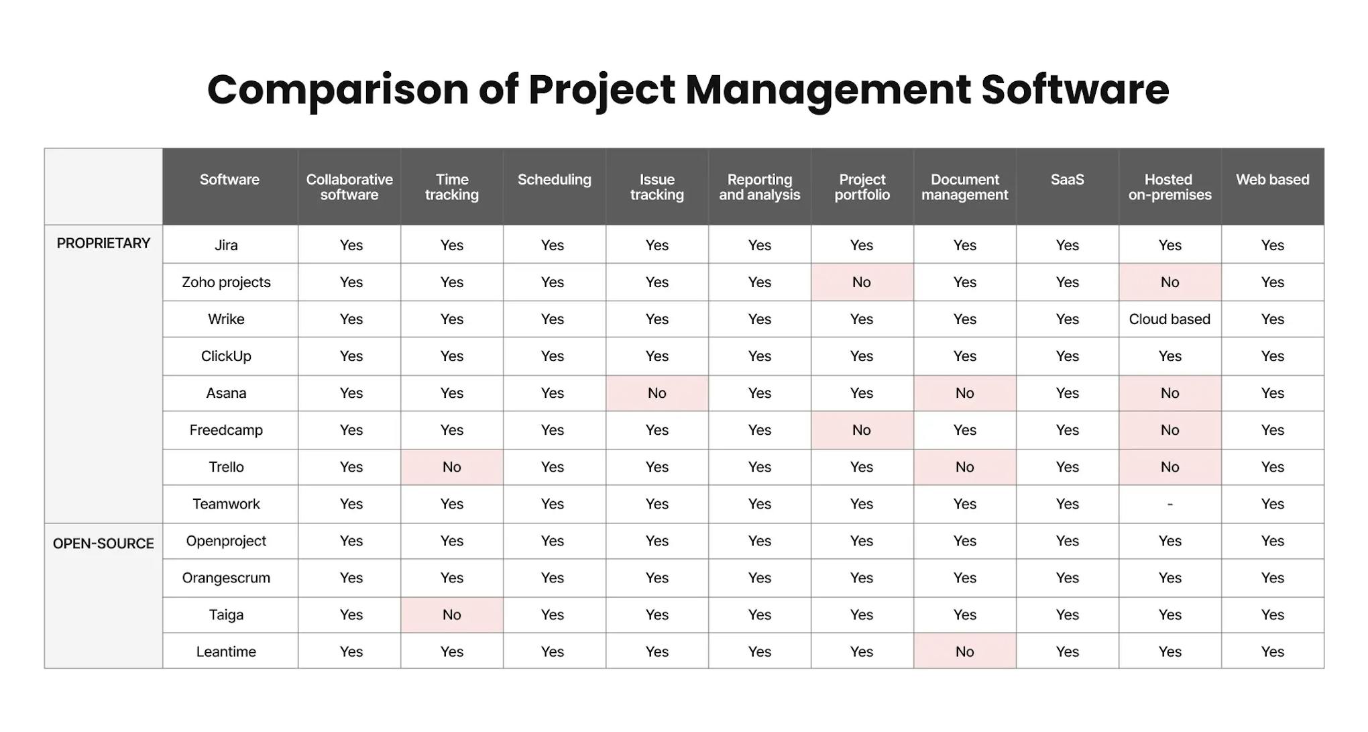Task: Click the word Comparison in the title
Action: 337,90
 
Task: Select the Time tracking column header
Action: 451,187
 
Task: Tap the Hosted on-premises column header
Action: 1170,187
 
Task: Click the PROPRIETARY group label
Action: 103,244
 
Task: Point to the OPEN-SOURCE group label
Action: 103,543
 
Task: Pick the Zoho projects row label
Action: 226,282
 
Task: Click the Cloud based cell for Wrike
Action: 1170,319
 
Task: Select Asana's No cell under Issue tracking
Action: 657,393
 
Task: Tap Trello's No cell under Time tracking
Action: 451,467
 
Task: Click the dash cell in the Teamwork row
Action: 1170,504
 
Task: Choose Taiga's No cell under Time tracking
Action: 451,615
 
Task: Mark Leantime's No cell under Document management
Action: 964,651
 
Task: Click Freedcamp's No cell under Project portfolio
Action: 861,430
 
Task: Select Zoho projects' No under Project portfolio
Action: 861,282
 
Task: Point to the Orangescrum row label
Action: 226,578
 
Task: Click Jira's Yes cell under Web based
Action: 1272,246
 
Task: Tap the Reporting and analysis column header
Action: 759,187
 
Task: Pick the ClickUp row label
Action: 226,356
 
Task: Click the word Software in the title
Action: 1075,90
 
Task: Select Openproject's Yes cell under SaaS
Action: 1067,541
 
